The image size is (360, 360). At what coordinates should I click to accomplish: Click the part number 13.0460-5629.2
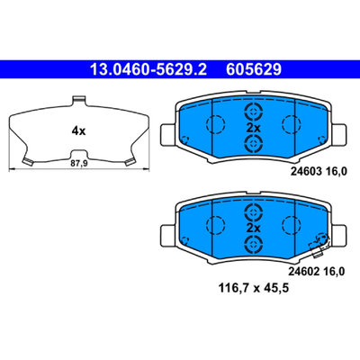[148, 69]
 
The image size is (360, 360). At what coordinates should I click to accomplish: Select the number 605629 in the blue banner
[254, 69]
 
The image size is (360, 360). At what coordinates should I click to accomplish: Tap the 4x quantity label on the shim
[78, 130]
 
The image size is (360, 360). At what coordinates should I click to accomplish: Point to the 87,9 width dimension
[79, 164]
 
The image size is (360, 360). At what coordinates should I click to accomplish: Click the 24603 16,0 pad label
[319, 171]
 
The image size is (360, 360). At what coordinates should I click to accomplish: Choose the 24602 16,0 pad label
[317, 272]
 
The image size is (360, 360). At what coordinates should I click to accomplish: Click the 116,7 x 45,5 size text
[254, 288]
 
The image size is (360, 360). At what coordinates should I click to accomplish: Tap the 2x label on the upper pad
[254, 129]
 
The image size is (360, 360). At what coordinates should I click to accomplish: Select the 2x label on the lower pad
[254, 229]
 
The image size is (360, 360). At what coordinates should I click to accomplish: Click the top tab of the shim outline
[79, 101]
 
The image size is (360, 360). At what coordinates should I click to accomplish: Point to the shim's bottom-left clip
[28, 161]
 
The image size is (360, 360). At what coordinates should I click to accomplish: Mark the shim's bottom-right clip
[130, 161]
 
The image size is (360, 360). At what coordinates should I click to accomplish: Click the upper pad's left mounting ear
[167, 134]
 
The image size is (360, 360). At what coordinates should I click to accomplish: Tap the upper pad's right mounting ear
[340, 134]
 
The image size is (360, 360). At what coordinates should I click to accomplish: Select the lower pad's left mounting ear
[167, 235]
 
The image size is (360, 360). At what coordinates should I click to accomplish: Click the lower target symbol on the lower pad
[254, 244]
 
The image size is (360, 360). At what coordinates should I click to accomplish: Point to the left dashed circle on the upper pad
[216, 123]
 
